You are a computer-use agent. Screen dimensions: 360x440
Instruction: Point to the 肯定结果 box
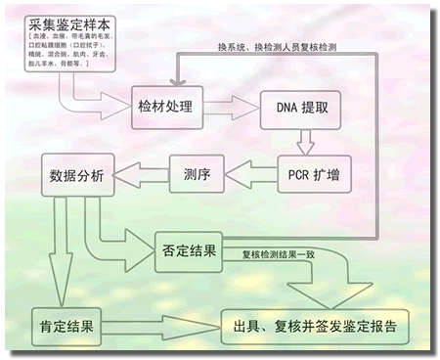pyautogui.click(x=67, y=326)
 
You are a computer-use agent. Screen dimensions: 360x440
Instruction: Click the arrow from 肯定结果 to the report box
pyautogui.click(x=161, y=327)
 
